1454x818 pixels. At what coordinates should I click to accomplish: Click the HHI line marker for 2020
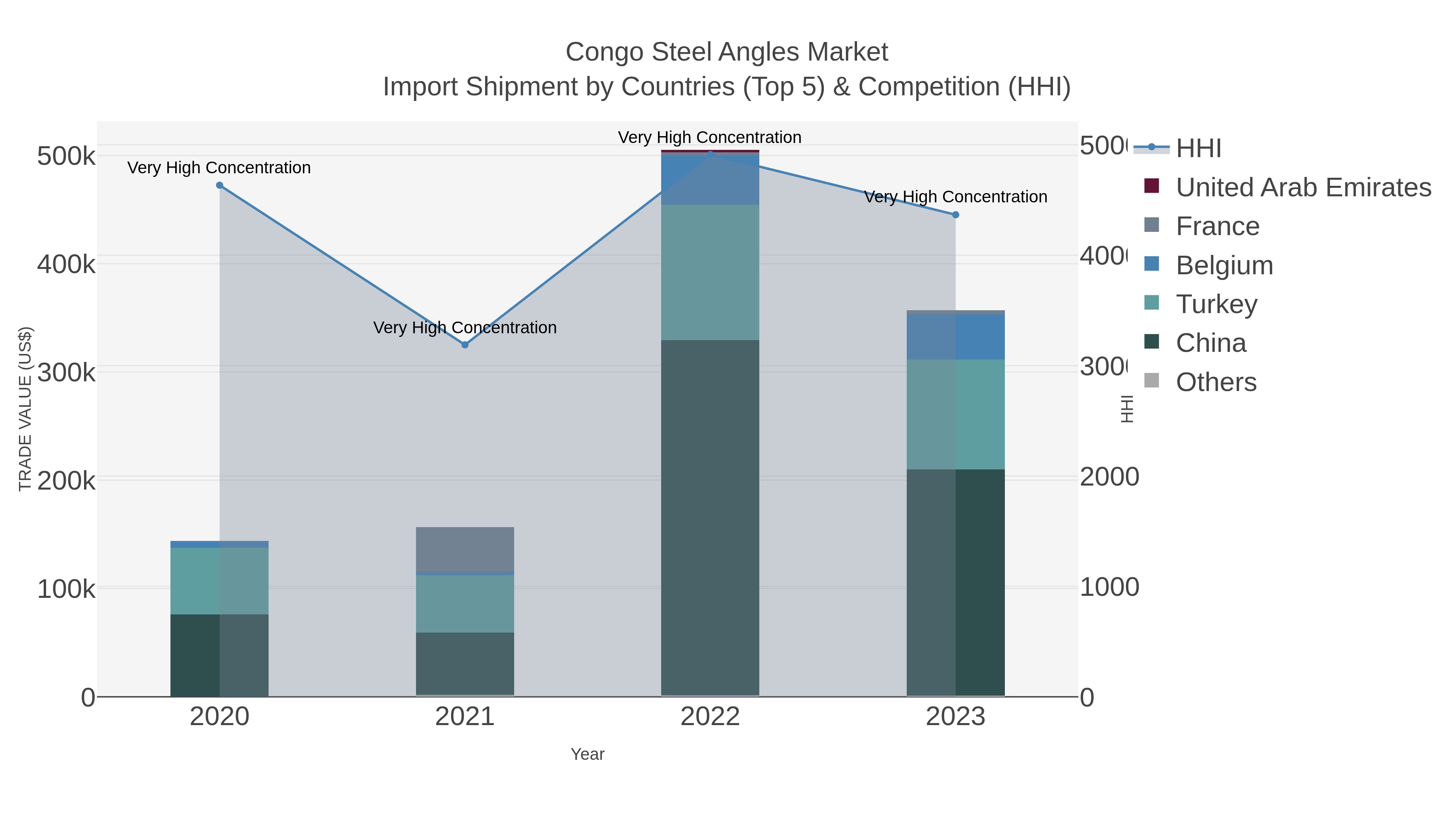click(220, 185)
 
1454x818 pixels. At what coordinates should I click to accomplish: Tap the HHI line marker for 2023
click(956, 215)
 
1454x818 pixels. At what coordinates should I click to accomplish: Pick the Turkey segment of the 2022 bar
click(710, 272)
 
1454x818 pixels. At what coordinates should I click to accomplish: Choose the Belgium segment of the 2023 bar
click(956, 337)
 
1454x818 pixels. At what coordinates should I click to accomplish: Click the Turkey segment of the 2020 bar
click(220, 581)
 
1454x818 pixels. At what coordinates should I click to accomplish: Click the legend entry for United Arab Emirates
click(1303, 187)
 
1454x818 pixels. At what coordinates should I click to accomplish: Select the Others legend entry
click(1216, 382)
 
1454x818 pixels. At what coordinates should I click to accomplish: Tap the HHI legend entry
click(1198, 149)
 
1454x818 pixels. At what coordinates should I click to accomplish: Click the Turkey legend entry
click(1216, 304)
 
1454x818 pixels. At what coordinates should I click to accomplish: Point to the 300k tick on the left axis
click(66, 372)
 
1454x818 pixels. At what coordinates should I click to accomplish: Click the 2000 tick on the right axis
click(1109, 477)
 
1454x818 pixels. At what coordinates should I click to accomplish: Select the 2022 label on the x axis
click(710, 717)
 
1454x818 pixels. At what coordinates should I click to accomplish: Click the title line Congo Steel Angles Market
click(727, 52)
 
